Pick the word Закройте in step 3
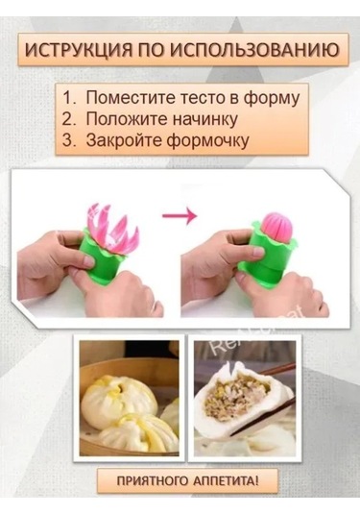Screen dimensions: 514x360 point(125,140)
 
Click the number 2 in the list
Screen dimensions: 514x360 point(69,119)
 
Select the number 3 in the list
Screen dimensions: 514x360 point(69,140)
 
